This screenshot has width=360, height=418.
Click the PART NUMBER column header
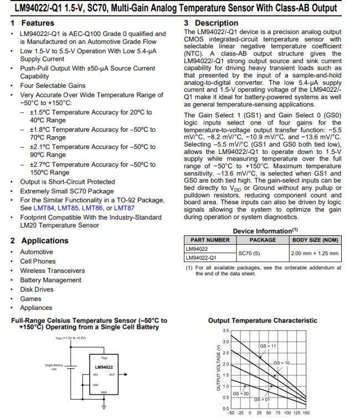pyautogui.click(x=210, y=240)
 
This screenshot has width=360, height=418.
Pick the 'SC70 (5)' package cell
pyautogui.click(x=263, y=253)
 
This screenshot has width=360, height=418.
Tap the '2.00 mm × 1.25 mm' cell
pyautogui.click(x=314, y=253)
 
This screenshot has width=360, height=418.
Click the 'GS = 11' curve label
pyautogui.click(x=268, y=345)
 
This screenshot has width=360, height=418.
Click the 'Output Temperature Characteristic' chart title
pyautogui.click(x=262, y=320)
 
